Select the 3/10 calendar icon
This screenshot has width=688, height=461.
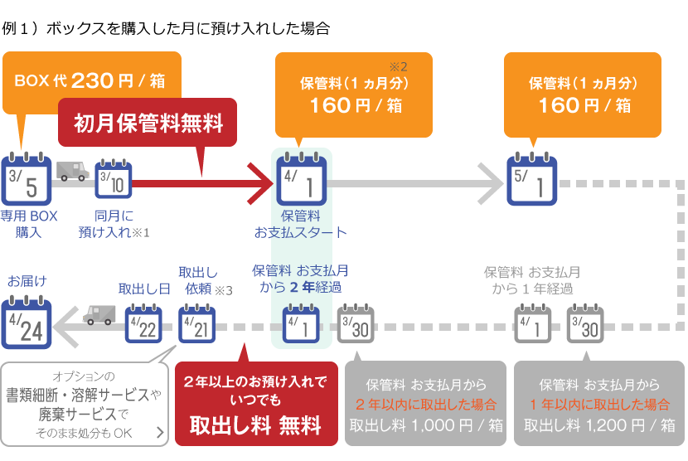tap(114, 179)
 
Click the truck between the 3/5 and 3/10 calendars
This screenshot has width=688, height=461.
tap(73, 171)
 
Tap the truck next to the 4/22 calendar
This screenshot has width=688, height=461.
tap(99, 315)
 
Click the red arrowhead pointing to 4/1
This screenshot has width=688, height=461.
tap(260, 183)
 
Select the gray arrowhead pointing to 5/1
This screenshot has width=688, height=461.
tap(491, 183)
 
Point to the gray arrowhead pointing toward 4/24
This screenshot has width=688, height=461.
tap(65, 327)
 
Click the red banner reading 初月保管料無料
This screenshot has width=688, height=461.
tap(148, 123)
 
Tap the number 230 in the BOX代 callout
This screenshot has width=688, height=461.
tap(92, 80)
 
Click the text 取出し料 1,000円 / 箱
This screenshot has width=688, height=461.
tap(425, 425)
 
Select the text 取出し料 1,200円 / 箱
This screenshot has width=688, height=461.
tap(599, 425)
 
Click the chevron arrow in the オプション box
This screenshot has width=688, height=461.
tap(160, 433)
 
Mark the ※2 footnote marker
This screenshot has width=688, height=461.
tap(398, 66)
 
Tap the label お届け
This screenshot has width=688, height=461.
tap(27, 281)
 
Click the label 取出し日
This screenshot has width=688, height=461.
tap(144, 289)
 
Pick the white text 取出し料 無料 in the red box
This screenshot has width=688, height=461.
tap(256, 425)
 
